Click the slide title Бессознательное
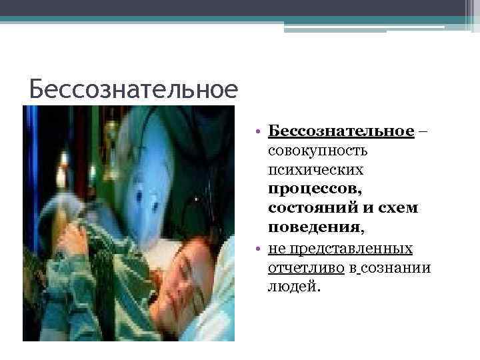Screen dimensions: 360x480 click(x=133, y=89)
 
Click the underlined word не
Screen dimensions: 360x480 click(x=275, y=249)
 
